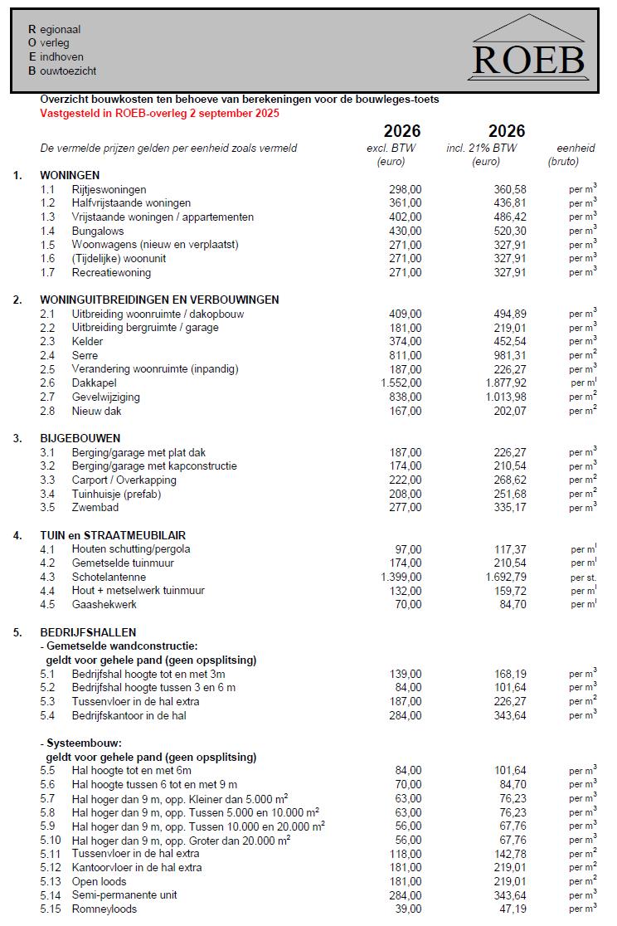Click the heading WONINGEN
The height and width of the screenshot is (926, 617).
click(x=70, y=175)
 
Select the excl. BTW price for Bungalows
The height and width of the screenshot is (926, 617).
click(x=405, y=231)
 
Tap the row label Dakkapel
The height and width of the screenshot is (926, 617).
click(x=94, y=383)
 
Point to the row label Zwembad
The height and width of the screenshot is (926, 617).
click(x=95, y=508)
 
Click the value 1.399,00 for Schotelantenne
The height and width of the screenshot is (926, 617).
click(x=401, y=577)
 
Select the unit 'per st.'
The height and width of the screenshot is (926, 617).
click(x=583, y=578)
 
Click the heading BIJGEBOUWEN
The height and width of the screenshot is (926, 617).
click(x=80, y=438)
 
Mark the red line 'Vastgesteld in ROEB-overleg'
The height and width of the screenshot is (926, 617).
click(x=160, y=113)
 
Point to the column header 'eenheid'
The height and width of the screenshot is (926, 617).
click(x=576, y=149)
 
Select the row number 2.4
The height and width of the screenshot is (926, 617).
click(x=47, y=355)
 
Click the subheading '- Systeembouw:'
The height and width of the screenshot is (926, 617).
click(x=81, y=743)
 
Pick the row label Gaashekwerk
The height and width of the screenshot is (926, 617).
click(x=104, y=604)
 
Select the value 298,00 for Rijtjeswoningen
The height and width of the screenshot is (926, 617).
click(x=405, y=189)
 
